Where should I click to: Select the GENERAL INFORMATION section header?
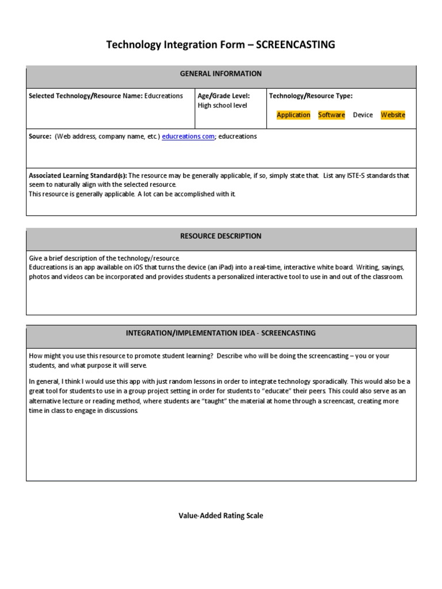click(x=221, y=74)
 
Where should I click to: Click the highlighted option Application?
click(x=294, y=115)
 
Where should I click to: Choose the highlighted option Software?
click(x=331, y=115)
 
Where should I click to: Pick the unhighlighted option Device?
click(x=363, y=115)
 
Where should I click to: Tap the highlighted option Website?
click(x=393, y=115)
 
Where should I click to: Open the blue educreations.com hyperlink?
click(x=188, y=137)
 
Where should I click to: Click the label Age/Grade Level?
click(x=223, y=96)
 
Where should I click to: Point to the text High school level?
click(x=222, y=106)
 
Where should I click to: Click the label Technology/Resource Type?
click(x=311, y=96)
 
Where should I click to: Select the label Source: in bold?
click(x=40, y=137)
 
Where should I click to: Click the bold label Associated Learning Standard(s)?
click(x=78, y=175)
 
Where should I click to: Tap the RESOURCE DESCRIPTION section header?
click(x=221, y=236)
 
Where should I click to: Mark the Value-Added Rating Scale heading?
click(x=221, y=516)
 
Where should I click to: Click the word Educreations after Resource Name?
click(x=164, y=96)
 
